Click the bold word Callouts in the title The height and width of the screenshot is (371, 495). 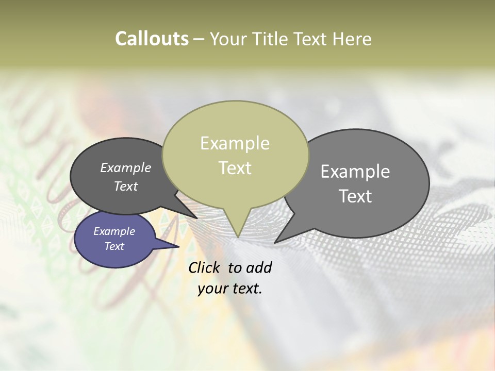[x=152, y=39]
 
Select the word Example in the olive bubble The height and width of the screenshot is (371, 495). [x=235, y=143]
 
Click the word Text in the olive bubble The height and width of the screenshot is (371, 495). [x=235, y=168]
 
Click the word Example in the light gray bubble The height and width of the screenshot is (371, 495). [x=355, y=172]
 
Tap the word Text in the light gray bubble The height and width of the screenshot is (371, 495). [x=355, y=196]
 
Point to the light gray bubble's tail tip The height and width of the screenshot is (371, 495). [x=275, y=243]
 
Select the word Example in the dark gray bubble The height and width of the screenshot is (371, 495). [x=125, y=168]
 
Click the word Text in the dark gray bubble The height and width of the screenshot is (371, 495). [x=125, y=186]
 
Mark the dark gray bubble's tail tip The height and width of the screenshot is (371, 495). [x=197, y=218]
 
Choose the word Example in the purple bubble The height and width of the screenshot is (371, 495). [x=114, y=231]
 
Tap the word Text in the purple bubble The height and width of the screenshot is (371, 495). [x=114, y=246]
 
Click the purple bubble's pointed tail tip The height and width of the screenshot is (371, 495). [x=179, y=247]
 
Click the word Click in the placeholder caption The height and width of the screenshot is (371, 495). [x=205, y=267]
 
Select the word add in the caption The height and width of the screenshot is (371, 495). [x=259, y=267]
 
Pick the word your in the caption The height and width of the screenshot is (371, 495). [x=212, y=289]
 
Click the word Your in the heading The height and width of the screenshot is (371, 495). [x=228, y=39]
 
